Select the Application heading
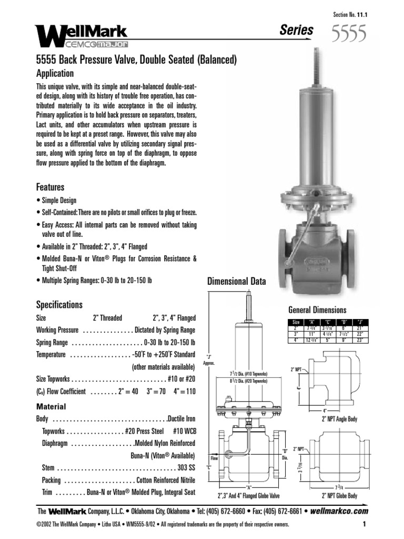(x=55, y=73)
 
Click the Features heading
(x=50, y=187)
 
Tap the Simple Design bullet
(x=57, y=201)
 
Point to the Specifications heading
(x=59, y=304)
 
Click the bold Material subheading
(x=51, y=406)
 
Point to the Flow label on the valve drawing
(x=214, y=458)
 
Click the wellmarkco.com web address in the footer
(x=339, y=511)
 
